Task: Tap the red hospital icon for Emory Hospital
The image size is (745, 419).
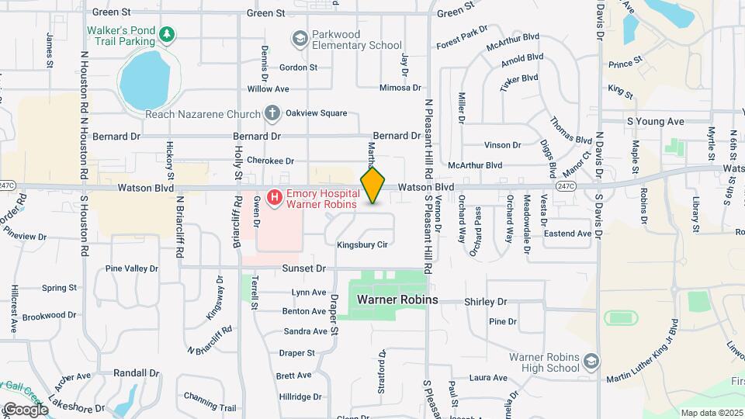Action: tap(274, 199)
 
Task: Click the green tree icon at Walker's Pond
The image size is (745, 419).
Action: tap(166, 34)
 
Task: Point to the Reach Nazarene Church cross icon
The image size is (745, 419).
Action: tap(272, 114)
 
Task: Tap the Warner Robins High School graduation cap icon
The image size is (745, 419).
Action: tap(591, 362)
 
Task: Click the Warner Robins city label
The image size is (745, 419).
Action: tap(397, 300)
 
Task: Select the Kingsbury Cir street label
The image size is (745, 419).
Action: tap(362, 244)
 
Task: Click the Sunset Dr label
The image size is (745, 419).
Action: tap(304, 268)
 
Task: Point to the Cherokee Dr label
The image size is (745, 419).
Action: tap(270, 161)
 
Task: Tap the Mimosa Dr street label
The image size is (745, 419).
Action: tap(400, 88)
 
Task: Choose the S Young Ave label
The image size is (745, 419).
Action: tap(656, 122)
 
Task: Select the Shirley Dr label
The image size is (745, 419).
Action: tap(485, 302)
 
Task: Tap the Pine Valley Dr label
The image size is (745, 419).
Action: tap(131, 268)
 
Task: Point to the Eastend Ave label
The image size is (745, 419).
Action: tap(568, 234)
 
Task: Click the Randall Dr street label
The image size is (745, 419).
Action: tap(136, 372)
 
